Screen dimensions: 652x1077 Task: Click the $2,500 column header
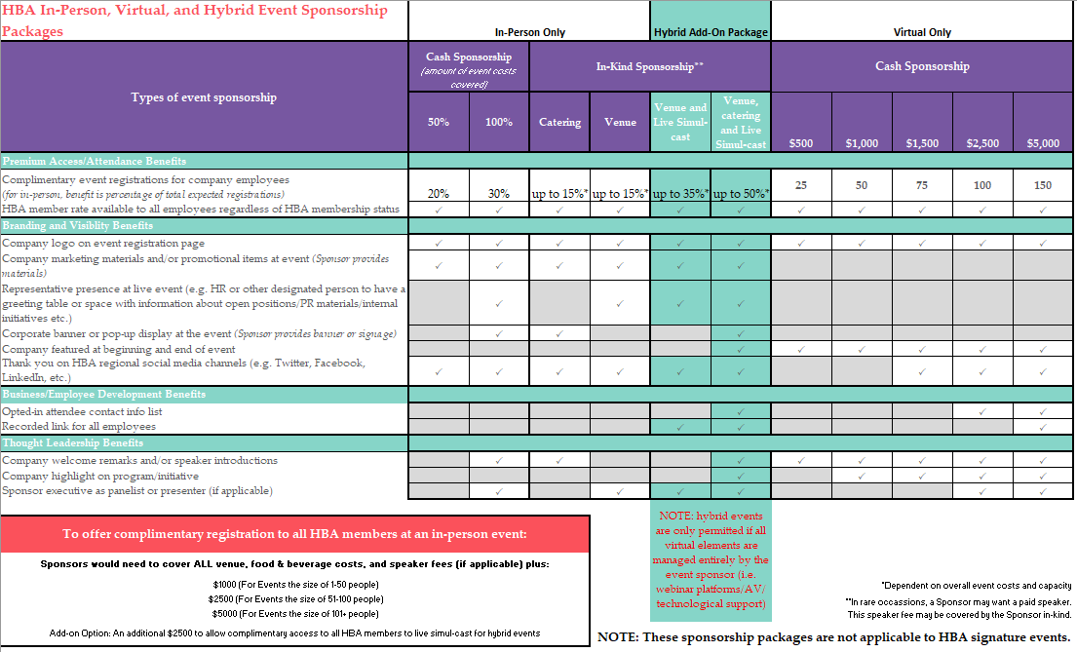982,143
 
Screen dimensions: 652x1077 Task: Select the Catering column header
559,122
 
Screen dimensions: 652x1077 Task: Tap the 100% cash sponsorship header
498,122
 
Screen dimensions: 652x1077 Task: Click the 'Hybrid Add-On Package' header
710,32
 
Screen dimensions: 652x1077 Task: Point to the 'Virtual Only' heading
922,32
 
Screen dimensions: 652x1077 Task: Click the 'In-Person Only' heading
529,32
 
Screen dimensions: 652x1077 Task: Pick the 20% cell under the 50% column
439,193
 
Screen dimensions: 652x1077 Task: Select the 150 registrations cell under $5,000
1043,185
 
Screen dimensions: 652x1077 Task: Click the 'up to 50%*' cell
741,193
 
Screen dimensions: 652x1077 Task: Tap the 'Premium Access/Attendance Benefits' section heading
95,161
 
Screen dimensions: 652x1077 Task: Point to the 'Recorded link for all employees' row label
79,427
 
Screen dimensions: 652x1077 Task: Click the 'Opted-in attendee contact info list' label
82,411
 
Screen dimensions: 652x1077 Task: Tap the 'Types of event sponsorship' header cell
204,97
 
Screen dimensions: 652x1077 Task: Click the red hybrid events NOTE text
710,559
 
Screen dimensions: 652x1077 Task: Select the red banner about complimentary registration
295,533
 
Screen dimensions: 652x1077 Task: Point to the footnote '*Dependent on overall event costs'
976,586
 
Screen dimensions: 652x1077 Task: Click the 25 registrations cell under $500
801,185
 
